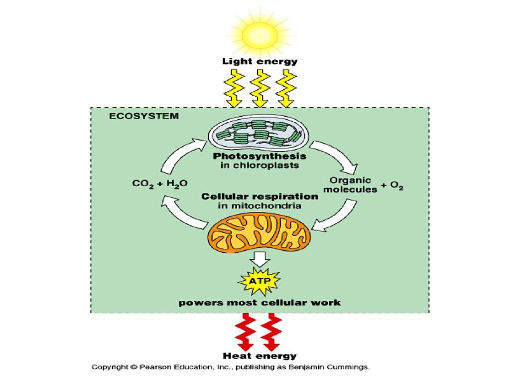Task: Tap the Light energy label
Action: [x=259, y=62]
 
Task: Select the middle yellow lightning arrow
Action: [x=259, y=88]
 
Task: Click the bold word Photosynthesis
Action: [x=259, y=156]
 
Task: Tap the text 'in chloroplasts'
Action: [x=259, y=165]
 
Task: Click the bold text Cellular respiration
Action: [x=259, y=196]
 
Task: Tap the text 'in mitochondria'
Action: [x=259, y=205]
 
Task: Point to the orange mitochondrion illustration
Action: [x=259, y=233]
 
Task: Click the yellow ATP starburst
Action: [x=260, y=281]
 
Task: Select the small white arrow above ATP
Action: [x=260, y=258]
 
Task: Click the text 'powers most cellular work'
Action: [x=259, y=303]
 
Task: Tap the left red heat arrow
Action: [x=245, y=332]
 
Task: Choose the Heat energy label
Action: [x=259, y=356]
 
